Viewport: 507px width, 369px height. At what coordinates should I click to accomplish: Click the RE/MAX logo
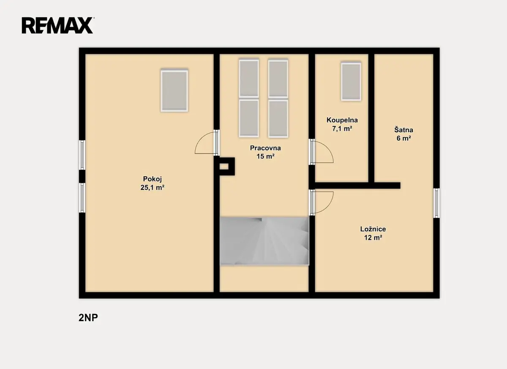coord(57,25)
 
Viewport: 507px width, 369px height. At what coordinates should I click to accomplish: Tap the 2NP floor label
coord(88,318)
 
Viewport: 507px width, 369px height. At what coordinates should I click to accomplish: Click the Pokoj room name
coord(153,179)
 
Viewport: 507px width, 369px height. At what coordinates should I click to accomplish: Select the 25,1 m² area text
coord(153,187)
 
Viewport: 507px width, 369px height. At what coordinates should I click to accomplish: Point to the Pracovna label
coord(265,148)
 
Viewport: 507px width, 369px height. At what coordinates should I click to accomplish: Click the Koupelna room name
coord(342,120)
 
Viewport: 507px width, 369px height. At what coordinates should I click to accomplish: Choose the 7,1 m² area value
coord(342,128)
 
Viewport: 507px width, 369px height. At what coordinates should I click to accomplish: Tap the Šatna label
coord(403,130)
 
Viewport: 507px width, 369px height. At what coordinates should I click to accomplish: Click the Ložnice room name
coord(373,229)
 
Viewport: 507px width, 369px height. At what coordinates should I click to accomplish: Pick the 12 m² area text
coord(373,238)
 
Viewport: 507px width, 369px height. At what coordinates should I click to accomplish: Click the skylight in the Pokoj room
coord(174,91)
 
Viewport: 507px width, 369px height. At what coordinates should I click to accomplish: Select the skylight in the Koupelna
coord(351,82)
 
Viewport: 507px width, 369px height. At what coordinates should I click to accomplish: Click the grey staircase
coord(264,241)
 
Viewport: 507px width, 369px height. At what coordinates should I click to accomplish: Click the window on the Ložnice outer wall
coord(436,203)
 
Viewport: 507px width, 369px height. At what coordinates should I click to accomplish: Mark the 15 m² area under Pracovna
coord(265,156)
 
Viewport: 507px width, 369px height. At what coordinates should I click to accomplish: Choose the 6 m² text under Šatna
coord(403,138)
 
